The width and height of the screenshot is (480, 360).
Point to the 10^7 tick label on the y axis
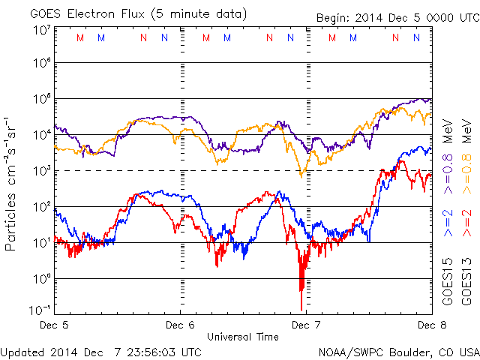pos(40,31)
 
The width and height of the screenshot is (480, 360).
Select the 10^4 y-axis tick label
pos(40,134)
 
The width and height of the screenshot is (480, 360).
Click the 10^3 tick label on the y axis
pos(40,170)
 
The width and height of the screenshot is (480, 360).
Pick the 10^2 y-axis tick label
pos(40,205)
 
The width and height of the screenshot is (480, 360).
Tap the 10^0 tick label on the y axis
pos(40,278)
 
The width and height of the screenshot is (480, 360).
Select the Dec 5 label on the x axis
pos(54,325)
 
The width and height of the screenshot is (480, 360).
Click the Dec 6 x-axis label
pos(179,325)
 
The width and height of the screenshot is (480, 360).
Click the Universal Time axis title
pos(241,337)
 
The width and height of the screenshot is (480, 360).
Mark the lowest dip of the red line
pos(302,309)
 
